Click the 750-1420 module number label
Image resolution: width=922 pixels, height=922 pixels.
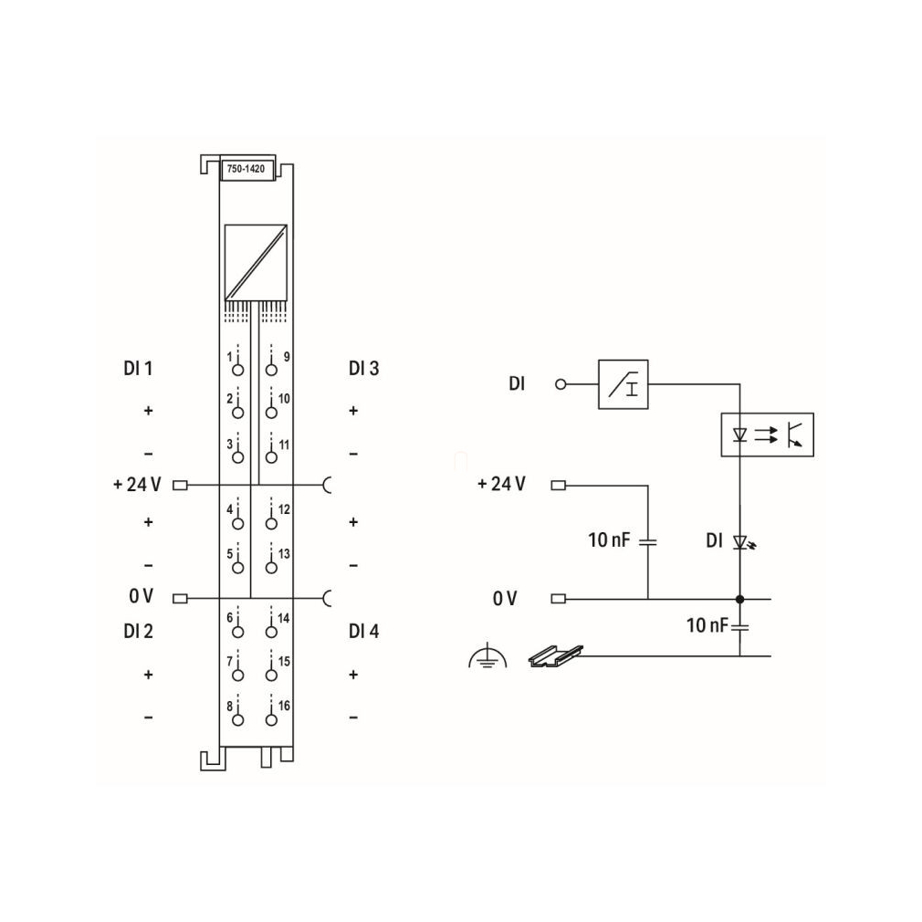coord(246,169)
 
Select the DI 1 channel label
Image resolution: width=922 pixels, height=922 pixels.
coord(138,369)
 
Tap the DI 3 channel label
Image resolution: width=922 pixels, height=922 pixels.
coord(364,369)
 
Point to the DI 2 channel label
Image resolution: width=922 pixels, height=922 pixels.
coord(138,632)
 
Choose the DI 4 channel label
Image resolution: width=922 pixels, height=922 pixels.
coord(364,632)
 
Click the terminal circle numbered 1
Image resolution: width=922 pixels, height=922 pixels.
coord(237,370)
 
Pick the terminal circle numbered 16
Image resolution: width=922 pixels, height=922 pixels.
coord(271,719)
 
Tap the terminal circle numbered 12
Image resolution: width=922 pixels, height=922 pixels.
coord(271,523)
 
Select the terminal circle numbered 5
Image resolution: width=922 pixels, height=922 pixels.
coord(237,568)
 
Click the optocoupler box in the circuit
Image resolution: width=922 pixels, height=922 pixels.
coord(768,435)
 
